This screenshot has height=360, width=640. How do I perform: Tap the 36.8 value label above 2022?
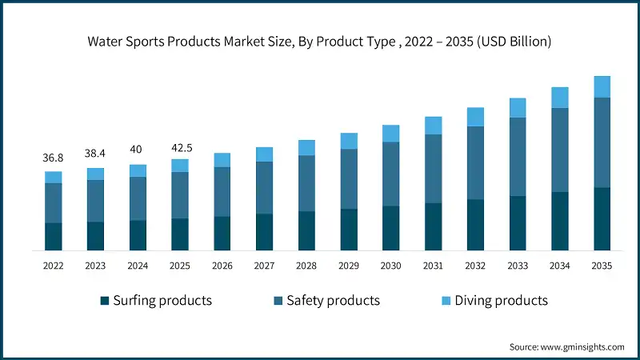point(53,158)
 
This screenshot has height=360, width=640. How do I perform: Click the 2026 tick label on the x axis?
point(222,265)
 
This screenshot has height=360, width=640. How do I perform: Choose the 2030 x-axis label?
point(391,265)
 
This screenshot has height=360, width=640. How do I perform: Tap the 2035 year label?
point(602,265)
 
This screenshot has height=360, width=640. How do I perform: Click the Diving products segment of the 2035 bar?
point(602,86)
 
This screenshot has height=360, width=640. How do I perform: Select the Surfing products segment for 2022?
point(54,236)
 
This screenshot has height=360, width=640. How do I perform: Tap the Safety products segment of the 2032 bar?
point(476,162)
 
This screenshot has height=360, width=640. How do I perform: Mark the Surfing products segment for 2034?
point(560,221)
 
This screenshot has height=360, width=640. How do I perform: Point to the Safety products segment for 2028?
point(307,183)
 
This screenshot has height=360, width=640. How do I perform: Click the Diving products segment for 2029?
point(349,141)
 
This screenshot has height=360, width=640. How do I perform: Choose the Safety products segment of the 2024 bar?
point(138,198)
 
